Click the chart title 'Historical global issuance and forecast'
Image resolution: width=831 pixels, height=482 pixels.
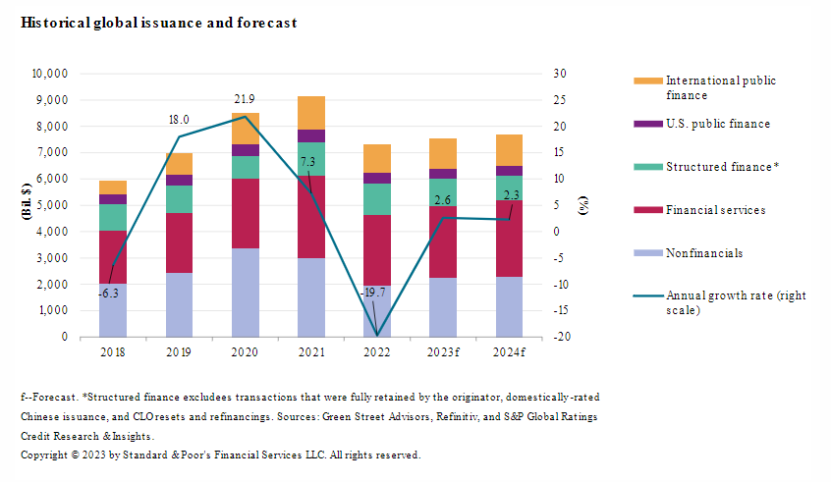click(158, 22)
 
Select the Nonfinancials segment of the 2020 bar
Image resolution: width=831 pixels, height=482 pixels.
click(245, 293)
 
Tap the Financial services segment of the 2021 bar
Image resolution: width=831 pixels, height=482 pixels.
click(310, 217)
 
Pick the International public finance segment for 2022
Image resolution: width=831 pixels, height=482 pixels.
click(377, 158)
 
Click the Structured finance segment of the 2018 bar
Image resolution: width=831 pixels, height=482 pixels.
click(113, 217)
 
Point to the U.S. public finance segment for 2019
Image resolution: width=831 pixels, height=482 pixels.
click(179, 180)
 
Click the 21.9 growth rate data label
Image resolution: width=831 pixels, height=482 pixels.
click(245, 99)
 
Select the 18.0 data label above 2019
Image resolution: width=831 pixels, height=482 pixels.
click(179, 119)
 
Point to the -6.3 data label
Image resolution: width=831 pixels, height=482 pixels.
click(109, 293)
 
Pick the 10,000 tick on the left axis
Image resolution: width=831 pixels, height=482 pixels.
click(49, 74)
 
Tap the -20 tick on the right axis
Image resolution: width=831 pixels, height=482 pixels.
click(559, 337)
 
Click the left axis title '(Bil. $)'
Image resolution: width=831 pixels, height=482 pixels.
click(27, 205)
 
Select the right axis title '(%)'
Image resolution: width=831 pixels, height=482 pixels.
click(582, 205)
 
